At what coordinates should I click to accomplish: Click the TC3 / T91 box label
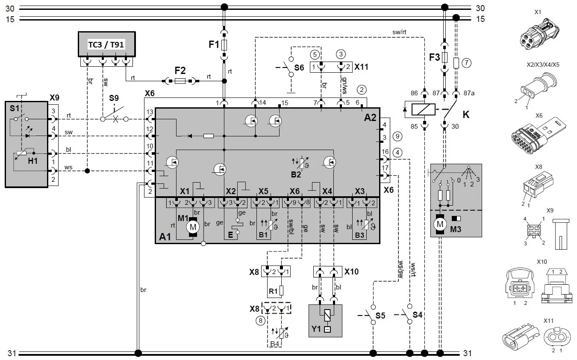click(106, 44)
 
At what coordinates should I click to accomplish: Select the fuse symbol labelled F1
click(224, 45)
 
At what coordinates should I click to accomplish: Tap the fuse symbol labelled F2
click(180, 81)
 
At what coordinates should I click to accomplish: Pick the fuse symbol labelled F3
click(445, 57)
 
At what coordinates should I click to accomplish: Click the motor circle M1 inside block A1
click(193, 227)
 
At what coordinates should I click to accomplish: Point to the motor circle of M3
click(440, 224)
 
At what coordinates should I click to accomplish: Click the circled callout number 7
click(466, 62)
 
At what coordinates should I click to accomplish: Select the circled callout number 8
click(260, 321)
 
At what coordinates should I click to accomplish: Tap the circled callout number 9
click(397, 136)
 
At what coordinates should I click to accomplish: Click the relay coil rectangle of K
click(424, 109)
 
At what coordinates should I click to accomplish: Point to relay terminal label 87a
click(469, 93)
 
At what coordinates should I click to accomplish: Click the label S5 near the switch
click(380, 316)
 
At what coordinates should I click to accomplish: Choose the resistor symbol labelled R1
click(282, 290)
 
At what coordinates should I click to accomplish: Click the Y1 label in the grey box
click(316, 329)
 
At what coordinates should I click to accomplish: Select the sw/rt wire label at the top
click(399, 32)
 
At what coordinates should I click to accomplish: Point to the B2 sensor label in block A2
click(296, 174)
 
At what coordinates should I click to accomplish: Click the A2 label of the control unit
click(370, 118)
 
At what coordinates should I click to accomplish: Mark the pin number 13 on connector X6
click(150, 112)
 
